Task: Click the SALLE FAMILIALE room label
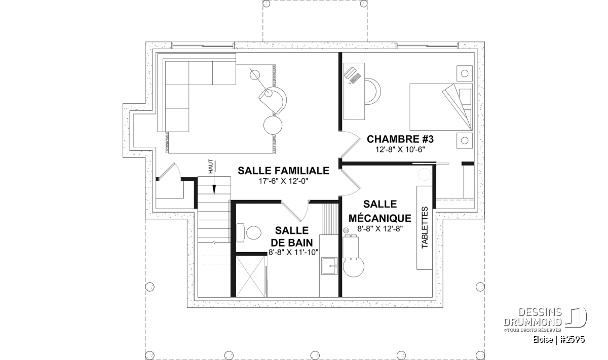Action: pyautogui.click(x=283, y=171)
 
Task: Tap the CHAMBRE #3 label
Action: pyautogui.click(x=400, y=139)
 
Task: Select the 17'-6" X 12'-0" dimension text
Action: pyautogui.click(x=283, y=181)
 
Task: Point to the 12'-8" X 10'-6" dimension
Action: pyautogui.click(x=400, y=149)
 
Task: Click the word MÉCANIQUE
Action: pyautogui.click(x=379, y=218)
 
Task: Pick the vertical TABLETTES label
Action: pyautogui.click(x=425, y=227)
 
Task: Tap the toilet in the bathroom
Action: pyautogui.click(x=249, y=233)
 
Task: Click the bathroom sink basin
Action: pyautogui.click(x=329, y=266)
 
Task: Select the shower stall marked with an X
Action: pyautogui.click(x=250, y=276)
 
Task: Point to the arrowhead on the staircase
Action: pyautogui.click(x=214, y=190)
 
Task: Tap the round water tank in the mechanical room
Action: pyautogui.click(x=354, y=266)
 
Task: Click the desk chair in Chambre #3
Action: pyautogui.click(x=372, y=91)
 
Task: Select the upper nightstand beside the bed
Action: pyautogui.click(x=465, y=73)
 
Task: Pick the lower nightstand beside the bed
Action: pyautogui.click(x=465, y=141)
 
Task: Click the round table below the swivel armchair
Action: pyautogui.click(x=273, y=125)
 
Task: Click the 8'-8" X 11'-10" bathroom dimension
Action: pyautogui.click(x=293, y=252)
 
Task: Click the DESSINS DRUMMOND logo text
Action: pyautogui.click(x=533, y=317)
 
